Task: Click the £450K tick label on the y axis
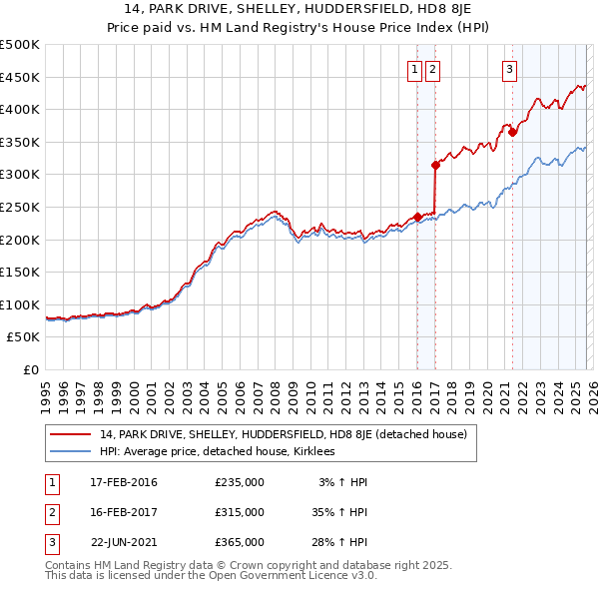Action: [20, 77]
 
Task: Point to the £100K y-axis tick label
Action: [20, 304]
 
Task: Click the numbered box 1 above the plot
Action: [414, 70]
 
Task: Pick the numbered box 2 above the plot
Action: [433, 70]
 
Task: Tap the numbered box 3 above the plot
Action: [509, 70]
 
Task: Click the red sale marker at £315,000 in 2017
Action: [435, 165]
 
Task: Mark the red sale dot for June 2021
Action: [512, 132]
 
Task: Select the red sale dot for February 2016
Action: [417, 217]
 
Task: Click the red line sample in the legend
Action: [71, 434]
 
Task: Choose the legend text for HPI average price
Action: [217, 451]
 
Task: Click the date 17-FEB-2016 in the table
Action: [124, 482]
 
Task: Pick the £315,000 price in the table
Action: [240, 511]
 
